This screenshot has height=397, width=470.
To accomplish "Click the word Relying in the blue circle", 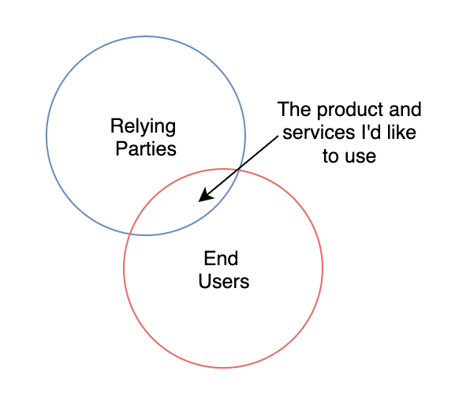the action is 143,127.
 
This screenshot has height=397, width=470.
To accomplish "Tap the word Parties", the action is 146,148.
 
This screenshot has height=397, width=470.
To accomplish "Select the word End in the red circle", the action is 221,258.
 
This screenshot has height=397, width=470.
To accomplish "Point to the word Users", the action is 224,282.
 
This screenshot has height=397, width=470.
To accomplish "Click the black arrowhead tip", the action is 199,201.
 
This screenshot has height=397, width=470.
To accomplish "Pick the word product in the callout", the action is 350,110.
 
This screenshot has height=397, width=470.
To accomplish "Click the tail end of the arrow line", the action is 278,137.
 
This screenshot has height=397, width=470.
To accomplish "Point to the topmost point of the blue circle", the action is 146,36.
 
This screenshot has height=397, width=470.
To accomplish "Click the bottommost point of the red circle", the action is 223,368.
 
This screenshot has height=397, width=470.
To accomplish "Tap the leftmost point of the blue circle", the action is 47,136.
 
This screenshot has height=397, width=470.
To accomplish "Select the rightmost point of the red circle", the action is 323,268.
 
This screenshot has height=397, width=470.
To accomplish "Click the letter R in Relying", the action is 116,125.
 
